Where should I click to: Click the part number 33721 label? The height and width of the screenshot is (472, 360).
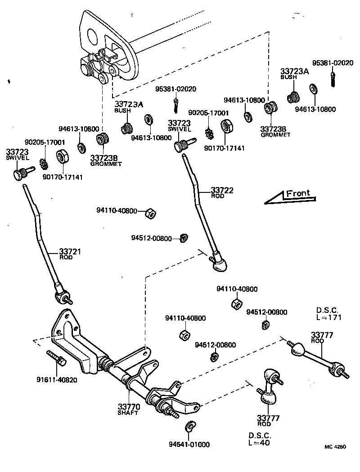[70, 252]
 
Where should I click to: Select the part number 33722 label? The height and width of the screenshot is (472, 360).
[222, 190]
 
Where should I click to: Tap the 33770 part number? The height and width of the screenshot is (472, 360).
[129, 407]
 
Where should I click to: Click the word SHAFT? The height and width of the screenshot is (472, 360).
[128, 413]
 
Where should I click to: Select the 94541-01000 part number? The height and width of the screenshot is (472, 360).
[189, 445]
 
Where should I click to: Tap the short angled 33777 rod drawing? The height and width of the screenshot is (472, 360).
[270, 384]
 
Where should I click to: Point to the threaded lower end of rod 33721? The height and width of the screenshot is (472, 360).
[63, 297]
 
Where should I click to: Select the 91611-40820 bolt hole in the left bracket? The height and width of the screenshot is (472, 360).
[59, 333]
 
